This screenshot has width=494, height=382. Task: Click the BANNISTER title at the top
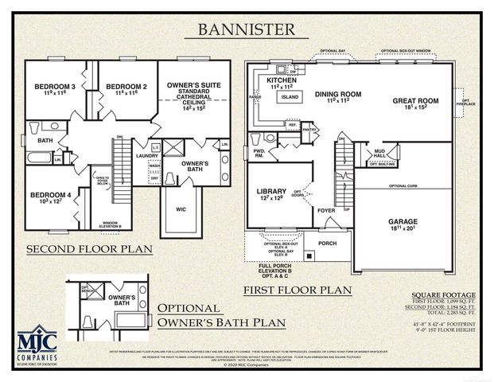click(247, 31)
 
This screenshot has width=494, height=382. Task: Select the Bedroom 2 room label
click(126, 86)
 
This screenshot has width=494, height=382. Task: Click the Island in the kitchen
click(288, 97)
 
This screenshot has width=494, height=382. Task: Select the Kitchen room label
click(282, 81)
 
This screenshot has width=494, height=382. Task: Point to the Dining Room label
click(338, 95)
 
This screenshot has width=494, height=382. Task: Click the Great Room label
click(416, 101)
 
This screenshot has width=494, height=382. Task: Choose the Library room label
click(271, 192)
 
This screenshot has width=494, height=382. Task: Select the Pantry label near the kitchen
click(310, 129)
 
